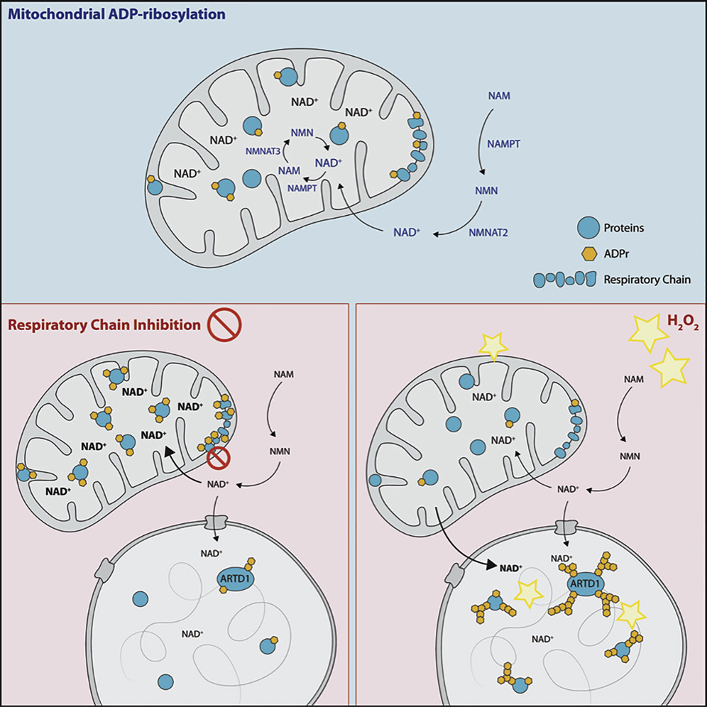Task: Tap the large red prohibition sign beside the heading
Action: click(225, 326)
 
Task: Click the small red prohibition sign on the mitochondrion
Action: click(217, 461)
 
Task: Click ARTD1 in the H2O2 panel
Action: click(586, 584)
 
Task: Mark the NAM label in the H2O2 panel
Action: click(633, 380)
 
